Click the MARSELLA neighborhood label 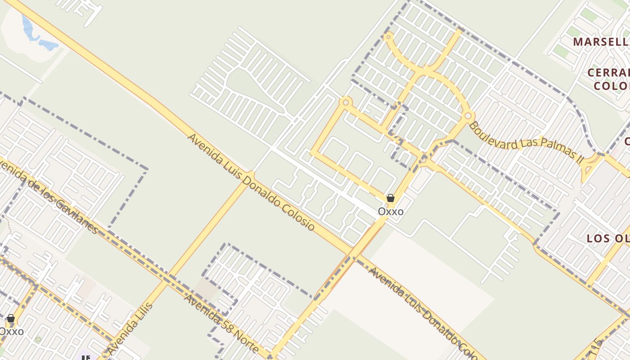[601, 42]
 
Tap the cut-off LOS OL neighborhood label [608, 238]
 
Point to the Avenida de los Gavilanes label [49, 196]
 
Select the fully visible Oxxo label [391, 211]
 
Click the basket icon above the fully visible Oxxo [391, 198]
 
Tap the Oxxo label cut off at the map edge [12, 332]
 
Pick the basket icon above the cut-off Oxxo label [11, 319]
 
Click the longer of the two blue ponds [28, 28]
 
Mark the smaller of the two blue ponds [49, 45]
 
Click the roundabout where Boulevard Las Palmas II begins [468, 116]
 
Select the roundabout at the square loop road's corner [346, 102]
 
